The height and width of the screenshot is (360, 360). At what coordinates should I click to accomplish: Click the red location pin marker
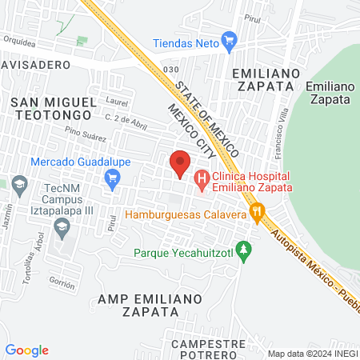pyautogui.click(x=181, y=164)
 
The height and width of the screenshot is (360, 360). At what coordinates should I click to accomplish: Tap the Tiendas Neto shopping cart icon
pyautogui.click(x=230, y=39)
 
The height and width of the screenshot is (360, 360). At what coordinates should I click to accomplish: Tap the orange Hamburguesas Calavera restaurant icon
pyautogui.click(x=257, y=212)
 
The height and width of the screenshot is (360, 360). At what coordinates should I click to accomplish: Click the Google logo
pyautogui.click(x=27, y=350)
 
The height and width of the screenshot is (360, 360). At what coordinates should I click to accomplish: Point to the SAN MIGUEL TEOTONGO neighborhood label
pyautogui.click(x=54, y=110)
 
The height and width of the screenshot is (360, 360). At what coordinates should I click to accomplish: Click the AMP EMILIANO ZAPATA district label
pyautogui.click(x=150, y=306)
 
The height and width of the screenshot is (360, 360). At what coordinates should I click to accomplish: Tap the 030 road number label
pyautogui.click(x=170, y=70)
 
